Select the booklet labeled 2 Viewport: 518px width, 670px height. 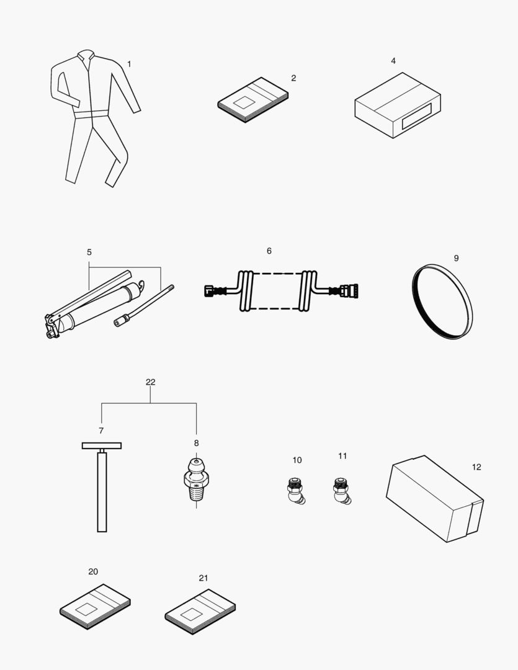(253, 99)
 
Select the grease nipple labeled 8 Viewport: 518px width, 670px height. (196, 480)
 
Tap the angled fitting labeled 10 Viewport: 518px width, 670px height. (296, 490)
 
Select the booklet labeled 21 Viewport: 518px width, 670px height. (200, 611)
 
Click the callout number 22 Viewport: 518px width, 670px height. (150, 382)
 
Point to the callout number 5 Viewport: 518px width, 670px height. (89, 252)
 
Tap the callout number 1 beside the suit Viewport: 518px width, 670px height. (129, 64)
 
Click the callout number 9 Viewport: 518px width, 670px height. (456, 258)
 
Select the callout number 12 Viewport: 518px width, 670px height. (476, 467)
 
